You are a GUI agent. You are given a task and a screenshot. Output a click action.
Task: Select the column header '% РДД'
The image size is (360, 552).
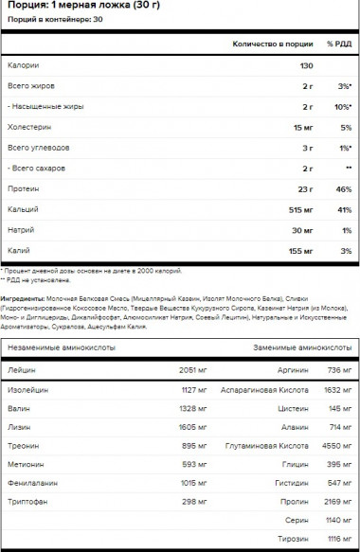(x=340, y=45)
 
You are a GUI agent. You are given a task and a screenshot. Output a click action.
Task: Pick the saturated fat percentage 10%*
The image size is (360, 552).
(x=343, y=107)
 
